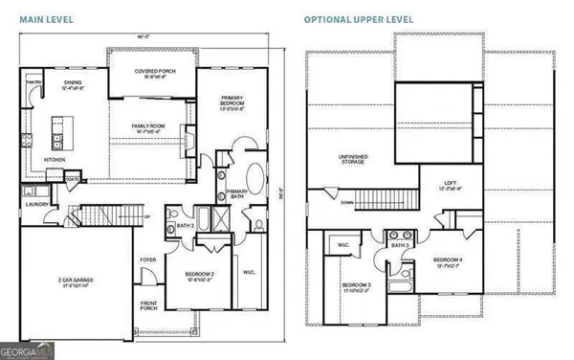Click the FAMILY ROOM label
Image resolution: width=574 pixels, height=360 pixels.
(x=151, y=124)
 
